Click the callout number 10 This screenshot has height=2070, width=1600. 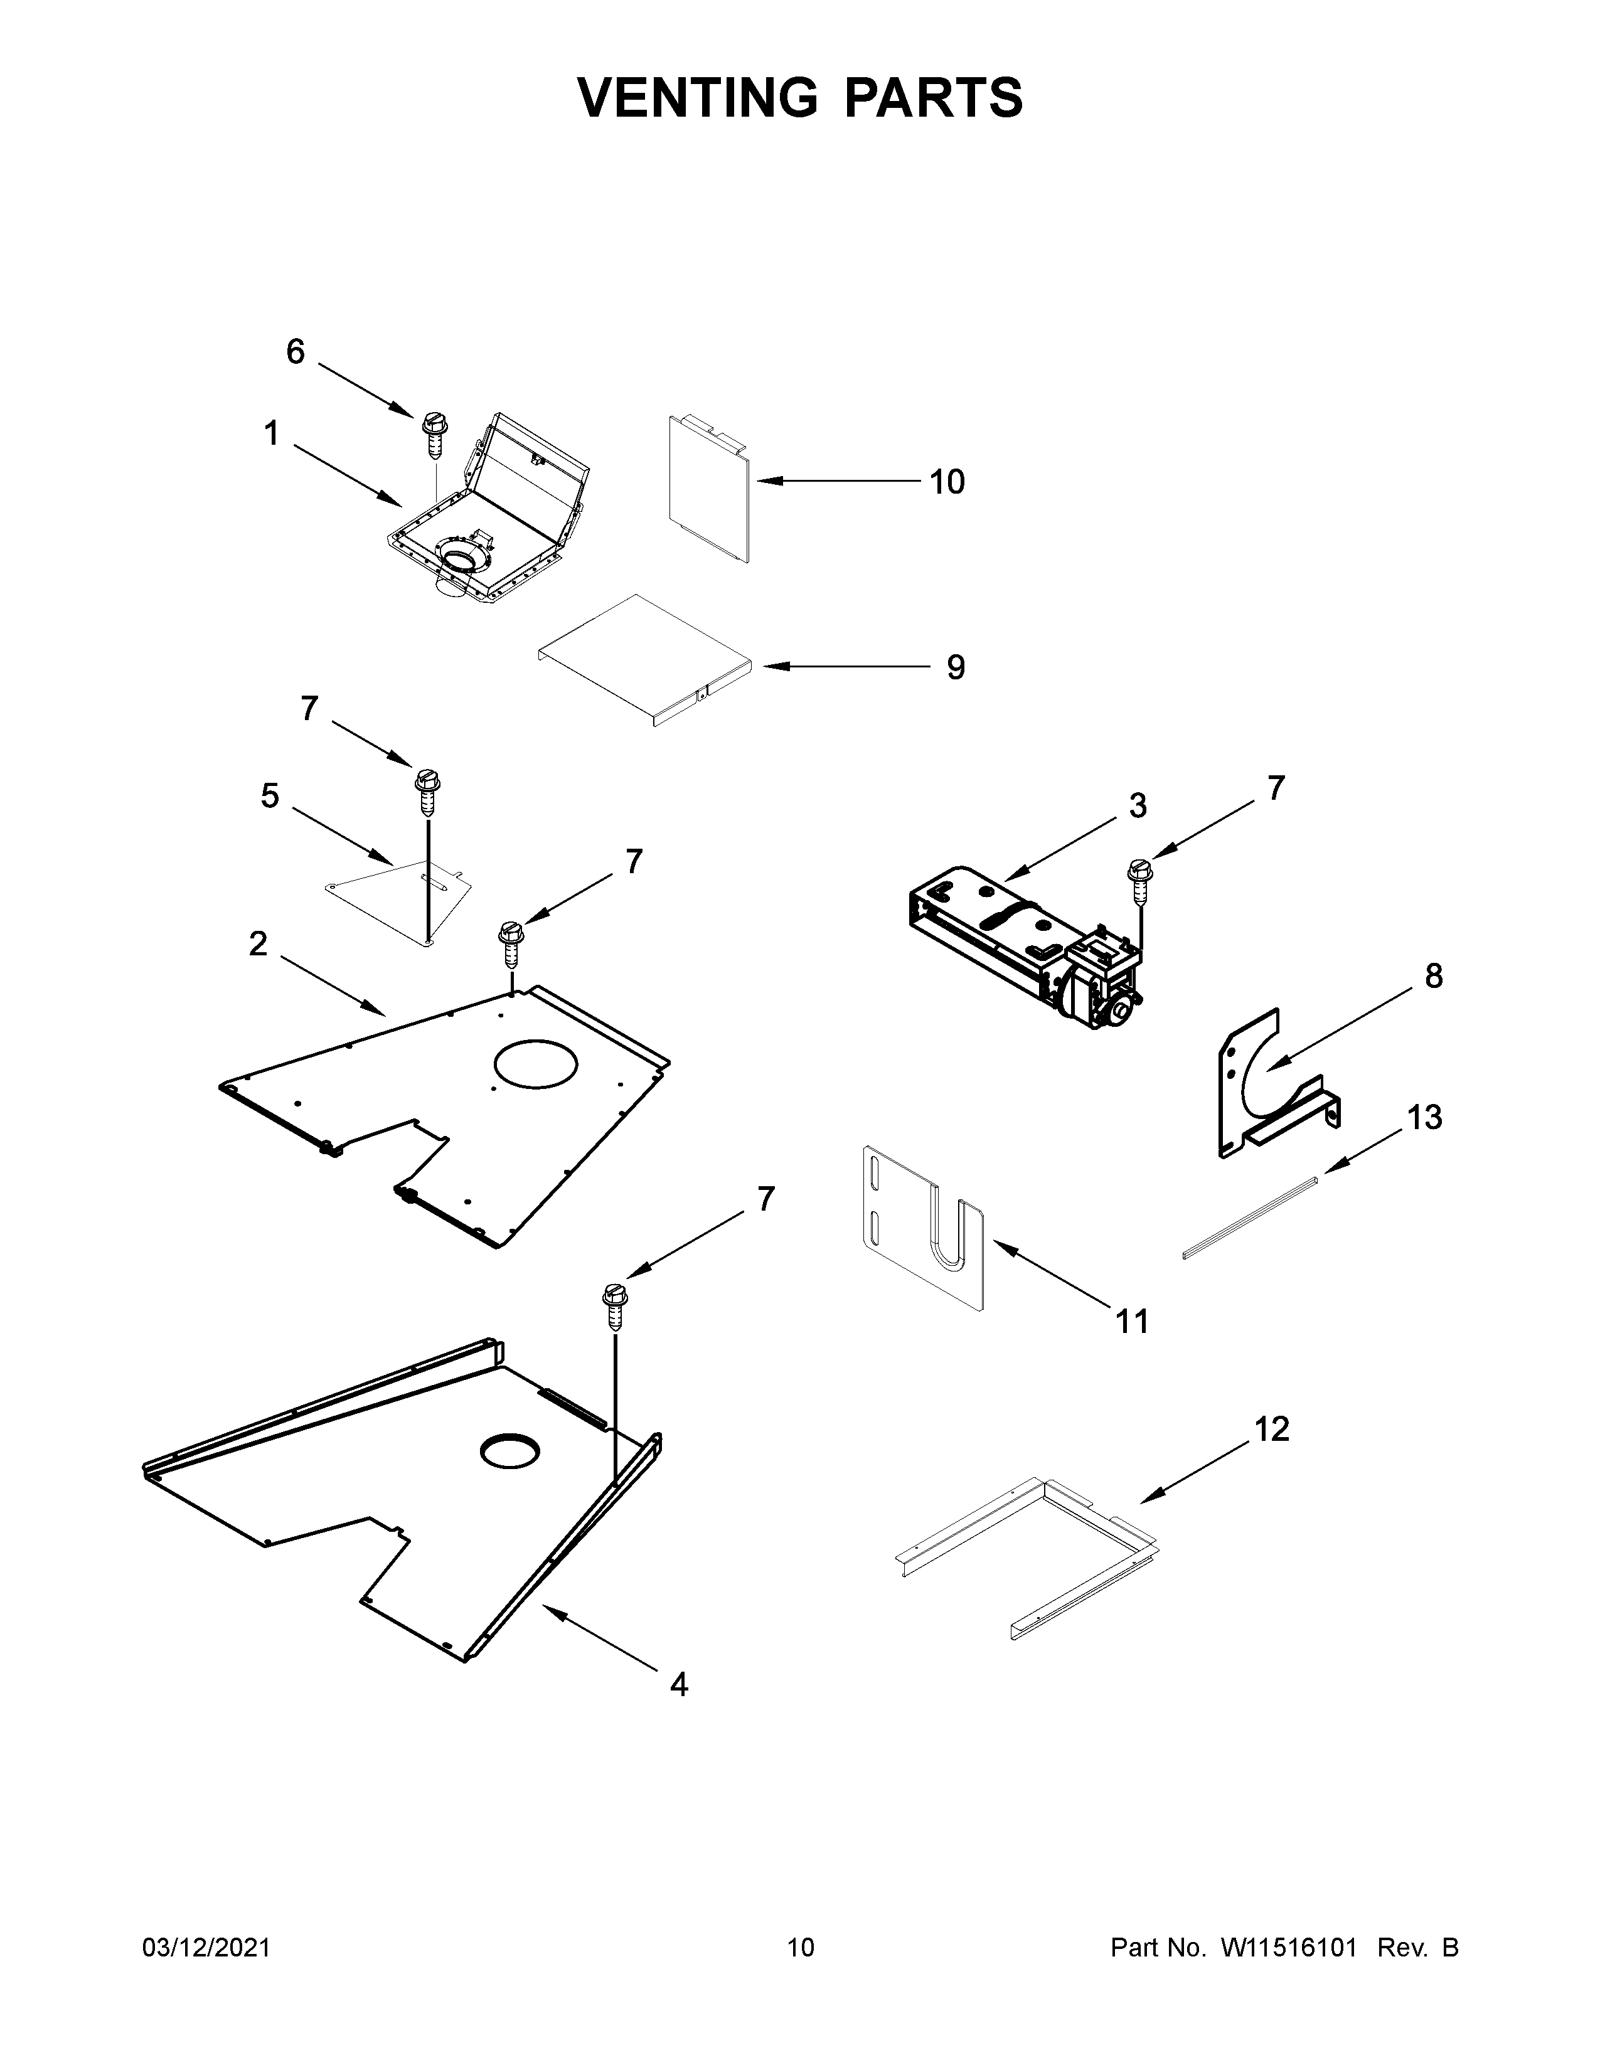click(x=946, y=482)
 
